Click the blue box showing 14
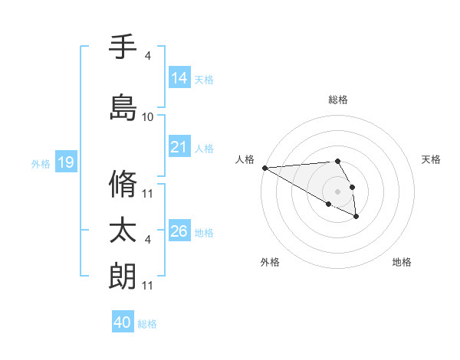179,78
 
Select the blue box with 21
179,147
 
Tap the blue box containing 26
179,231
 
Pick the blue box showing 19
65,162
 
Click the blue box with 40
123,322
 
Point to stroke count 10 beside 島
148,117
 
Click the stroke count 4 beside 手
148,55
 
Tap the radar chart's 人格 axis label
245,159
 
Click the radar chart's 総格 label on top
338,100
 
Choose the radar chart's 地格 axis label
402,262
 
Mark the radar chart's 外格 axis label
270,262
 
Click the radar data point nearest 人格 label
264,168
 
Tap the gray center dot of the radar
337,191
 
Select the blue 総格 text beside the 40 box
148,323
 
